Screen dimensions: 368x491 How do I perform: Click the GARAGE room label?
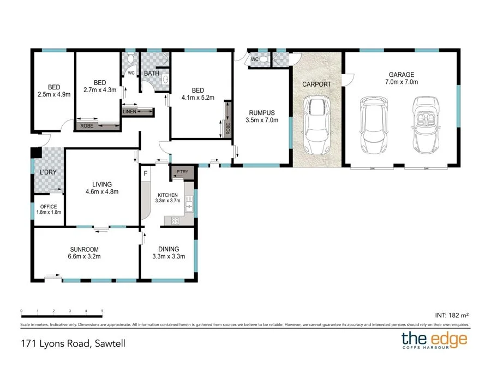(401, 75)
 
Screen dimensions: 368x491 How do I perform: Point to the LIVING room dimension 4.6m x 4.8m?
(102, 191)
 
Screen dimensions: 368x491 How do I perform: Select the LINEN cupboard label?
(130, 112)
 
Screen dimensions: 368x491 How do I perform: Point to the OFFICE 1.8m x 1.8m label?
(48, 209)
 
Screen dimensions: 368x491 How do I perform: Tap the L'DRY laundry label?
(48, 173)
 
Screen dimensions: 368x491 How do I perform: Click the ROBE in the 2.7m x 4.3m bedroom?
(87, 126)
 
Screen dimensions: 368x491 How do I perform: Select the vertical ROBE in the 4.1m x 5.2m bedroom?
(228, 129)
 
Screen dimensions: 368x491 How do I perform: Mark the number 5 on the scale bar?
(103, 311)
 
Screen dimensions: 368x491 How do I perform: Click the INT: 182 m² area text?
(452, 315)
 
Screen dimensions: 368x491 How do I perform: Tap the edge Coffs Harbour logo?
(434, 341)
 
